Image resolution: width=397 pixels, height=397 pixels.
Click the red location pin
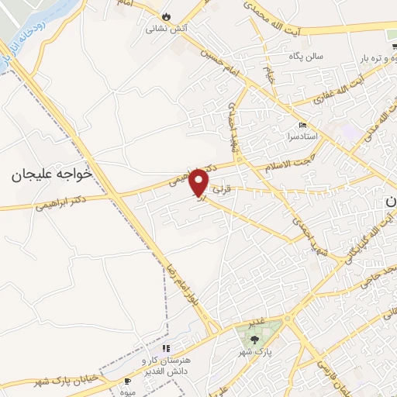click(200, 183)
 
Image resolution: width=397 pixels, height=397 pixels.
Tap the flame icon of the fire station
click(167, 16)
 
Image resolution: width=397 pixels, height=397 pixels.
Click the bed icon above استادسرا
click(302, 125)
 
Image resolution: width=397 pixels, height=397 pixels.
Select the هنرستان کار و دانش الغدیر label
click(164, 366)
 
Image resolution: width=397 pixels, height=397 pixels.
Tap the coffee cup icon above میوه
click(128, 381)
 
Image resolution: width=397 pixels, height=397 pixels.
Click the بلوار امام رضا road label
click(182, 291)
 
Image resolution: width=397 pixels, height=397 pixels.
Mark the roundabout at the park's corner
click(287, 319)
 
